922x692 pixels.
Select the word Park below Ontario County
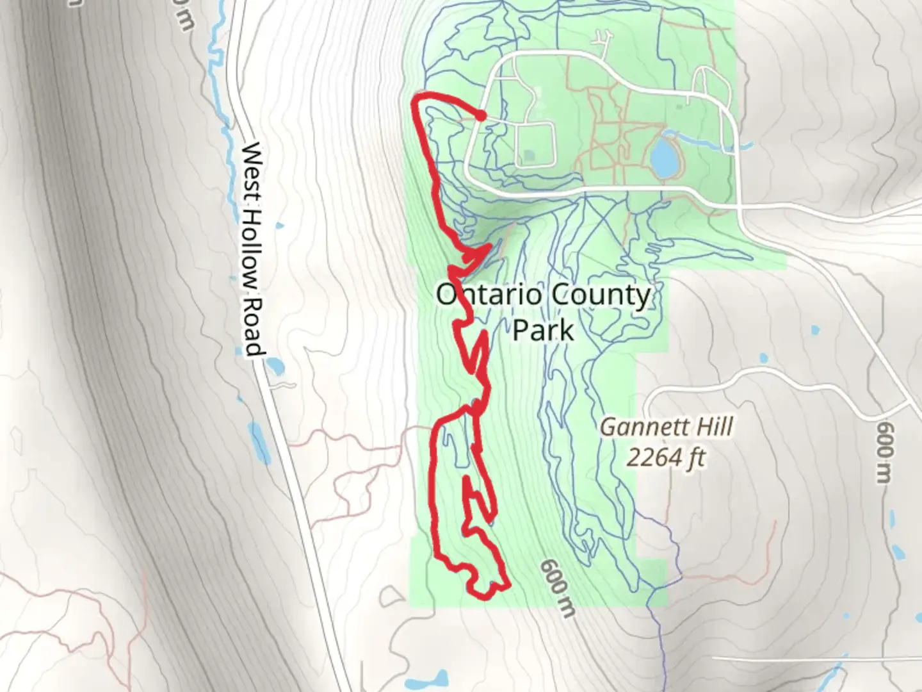coord(543,331)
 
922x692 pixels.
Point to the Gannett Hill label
coord(666,427)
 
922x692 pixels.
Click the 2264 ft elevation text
coord(666,457)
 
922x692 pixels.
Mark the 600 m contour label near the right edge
coord(886,449)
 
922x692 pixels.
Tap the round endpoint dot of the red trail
coord(480,115)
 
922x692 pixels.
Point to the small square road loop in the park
coord(535,144)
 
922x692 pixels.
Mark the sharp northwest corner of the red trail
coord(417,99)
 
